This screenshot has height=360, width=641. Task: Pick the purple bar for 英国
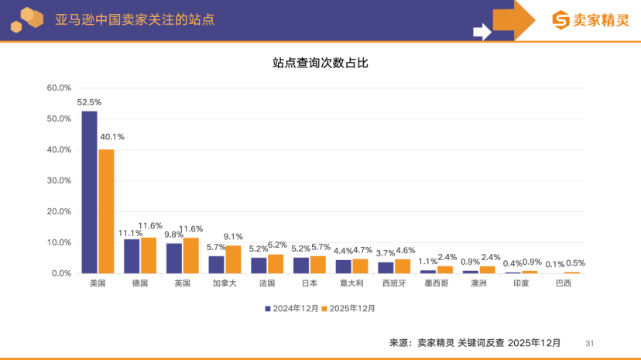174,258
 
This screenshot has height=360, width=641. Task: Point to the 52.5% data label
89,102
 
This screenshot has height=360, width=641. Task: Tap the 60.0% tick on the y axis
59,87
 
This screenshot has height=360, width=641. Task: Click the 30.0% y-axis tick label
59,180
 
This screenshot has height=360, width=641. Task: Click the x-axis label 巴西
564,283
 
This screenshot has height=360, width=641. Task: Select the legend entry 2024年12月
291,308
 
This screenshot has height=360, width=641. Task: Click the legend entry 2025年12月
348,308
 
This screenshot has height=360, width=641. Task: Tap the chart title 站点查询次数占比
320,63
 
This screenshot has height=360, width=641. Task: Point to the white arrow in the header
482,32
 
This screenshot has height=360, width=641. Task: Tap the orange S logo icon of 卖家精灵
560,20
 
